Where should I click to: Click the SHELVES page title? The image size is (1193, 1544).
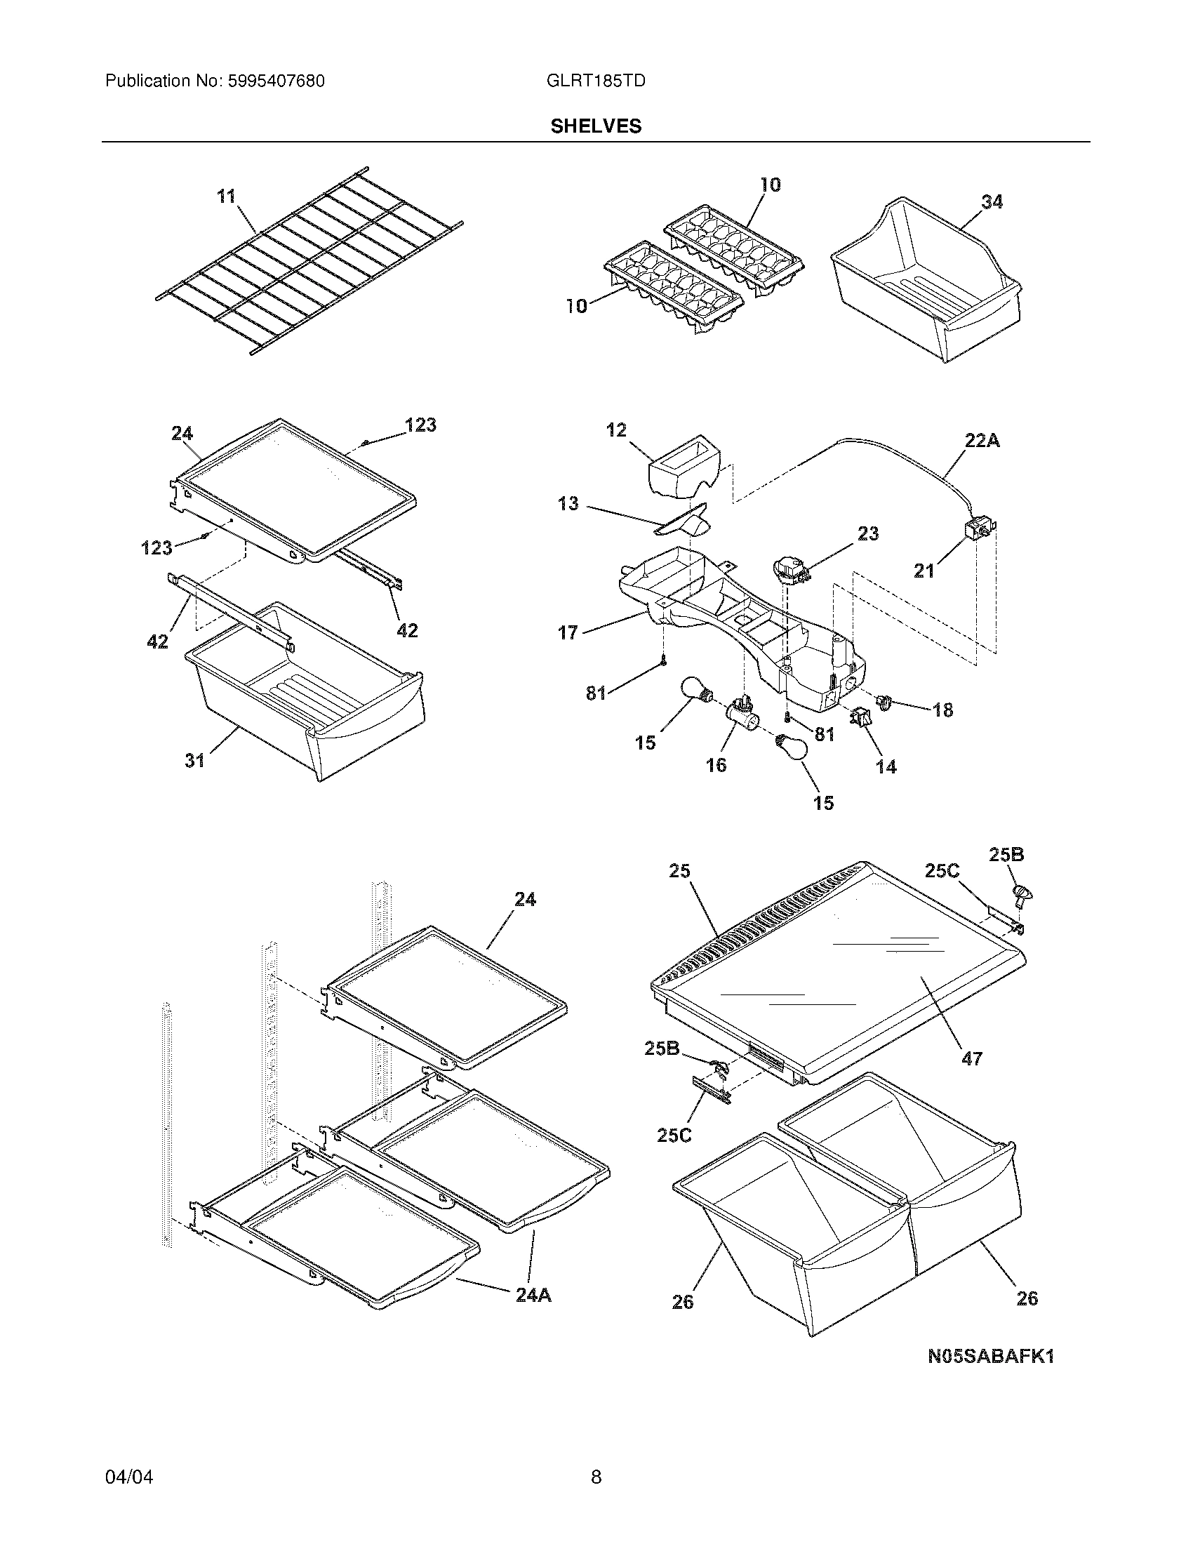[596, 126]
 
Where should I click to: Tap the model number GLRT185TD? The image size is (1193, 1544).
[596, 81]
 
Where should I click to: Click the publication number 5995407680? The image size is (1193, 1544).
[275, 81]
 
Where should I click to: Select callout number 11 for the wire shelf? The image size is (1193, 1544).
[226, 197]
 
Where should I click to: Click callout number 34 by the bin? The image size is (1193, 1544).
[992, 202]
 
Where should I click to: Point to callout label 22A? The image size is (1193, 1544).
[982, 441]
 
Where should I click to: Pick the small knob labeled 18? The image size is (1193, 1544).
[884, 700]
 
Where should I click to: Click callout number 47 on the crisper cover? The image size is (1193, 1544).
[972, 1079]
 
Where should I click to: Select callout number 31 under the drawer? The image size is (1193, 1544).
[195, 760]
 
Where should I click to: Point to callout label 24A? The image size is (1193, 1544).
[533, 1295]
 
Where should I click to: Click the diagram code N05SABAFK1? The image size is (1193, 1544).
[991, 1357]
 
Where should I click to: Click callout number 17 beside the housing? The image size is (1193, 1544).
[568, 633]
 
